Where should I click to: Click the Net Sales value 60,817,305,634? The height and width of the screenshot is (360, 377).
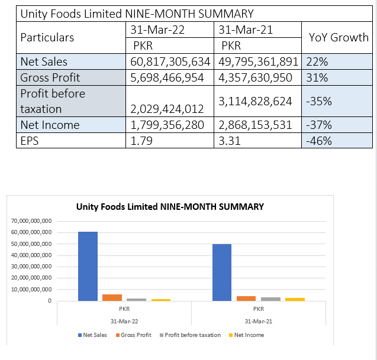click(x=170, y=61)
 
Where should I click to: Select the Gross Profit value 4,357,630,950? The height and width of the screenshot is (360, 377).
click(x=255, y=77)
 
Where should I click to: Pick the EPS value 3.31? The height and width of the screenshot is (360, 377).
click(x=230, y=141)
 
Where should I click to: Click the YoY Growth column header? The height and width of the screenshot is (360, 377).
click(x=339, y=37)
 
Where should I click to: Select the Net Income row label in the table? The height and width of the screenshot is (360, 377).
click(x=50, y=125)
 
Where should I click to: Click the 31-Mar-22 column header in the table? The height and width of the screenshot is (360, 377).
click(x=157, y=30)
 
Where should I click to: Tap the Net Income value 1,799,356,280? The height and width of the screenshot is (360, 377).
click(x=167, y=125)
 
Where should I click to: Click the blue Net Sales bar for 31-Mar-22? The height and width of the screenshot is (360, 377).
click(x=88, y=266)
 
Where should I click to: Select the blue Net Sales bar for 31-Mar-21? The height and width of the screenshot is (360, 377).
click(x=222, y=273)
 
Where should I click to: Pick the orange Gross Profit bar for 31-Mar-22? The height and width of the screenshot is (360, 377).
click(x=112, y=297)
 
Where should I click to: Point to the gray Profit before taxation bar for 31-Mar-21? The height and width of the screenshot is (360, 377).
click(x=270, y=299)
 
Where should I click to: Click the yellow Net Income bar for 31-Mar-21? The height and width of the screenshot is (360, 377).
click(x=295, y=299)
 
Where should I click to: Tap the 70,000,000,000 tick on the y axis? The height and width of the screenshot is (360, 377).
click(x=31, y=221)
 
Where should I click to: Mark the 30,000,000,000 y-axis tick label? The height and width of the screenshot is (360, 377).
click(x=31, y=267)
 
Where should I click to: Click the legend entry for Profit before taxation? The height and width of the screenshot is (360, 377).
click(x=190, y=335)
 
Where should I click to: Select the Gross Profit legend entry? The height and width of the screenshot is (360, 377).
click(x=134, y=335)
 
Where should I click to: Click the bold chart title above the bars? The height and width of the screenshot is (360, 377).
click(x=170, y=207)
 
